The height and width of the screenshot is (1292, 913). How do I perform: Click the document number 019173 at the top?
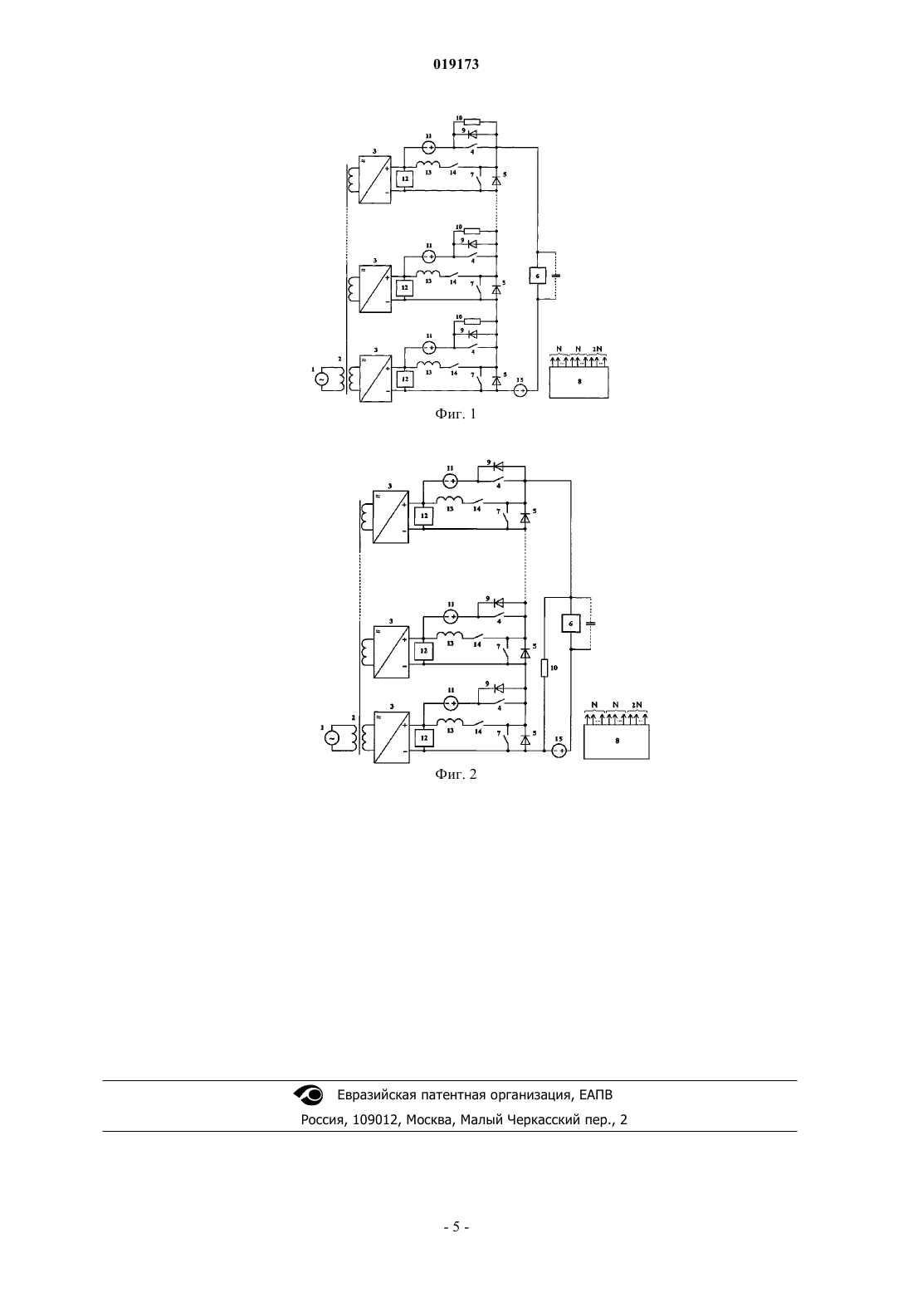456,64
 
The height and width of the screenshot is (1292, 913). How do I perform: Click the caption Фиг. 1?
456,414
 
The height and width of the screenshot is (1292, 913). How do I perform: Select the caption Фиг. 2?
456,774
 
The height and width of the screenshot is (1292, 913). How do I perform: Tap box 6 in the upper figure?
537,276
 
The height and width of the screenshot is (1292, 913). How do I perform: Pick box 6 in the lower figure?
571,624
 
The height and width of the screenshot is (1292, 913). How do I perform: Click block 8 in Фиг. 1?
579,382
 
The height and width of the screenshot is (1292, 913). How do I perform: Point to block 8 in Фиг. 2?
617,741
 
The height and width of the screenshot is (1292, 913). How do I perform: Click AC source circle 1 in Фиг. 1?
320,379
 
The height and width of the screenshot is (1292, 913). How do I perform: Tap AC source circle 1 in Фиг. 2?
331,738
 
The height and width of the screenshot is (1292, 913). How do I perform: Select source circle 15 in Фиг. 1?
520,391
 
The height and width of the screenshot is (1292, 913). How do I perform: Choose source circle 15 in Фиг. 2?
559,751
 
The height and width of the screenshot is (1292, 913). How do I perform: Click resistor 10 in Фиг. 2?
544,668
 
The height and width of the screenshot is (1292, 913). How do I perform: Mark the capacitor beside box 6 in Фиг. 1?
555,276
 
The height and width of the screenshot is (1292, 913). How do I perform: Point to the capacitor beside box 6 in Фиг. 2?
589,624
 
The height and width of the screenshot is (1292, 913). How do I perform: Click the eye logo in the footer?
309,1094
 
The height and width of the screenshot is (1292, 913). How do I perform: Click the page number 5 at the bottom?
456,1227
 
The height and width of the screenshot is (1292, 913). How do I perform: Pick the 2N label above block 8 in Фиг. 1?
597,349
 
